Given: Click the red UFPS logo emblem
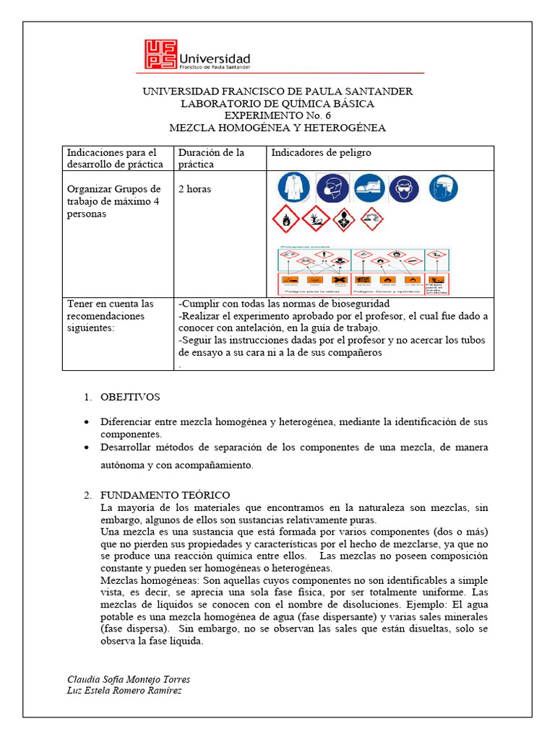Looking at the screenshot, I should (x=160, y=54).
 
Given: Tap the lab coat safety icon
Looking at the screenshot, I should (x=293, y=188).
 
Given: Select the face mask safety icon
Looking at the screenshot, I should (x=332, y=188).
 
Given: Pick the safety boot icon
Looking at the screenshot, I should (x=369, y=188).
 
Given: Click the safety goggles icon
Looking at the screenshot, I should (x=404, y=189).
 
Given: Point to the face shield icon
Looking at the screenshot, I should (x=443, y=188).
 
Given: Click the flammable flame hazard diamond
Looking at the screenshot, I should (x=285, y=219).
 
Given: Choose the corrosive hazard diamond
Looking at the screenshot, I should (x=372, y=219).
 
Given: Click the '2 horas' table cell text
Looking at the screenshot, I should (x=194, y=189).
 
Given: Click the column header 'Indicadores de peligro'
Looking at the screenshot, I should (x=321, y=153).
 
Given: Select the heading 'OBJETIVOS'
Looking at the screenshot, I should (x=130, y=397).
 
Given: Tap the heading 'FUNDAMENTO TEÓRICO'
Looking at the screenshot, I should (x=165, y=494).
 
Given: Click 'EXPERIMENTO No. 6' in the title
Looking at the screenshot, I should (x=277, y=115).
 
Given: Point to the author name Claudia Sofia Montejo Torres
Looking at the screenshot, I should (x=129, y=680).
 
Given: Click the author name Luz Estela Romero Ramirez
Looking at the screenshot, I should (x=124, y=691).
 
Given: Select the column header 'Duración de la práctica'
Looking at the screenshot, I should (x=211, y=158).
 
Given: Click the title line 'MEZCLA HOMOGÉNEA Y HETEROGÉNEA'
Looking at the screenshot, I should (x=277, y=128).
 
